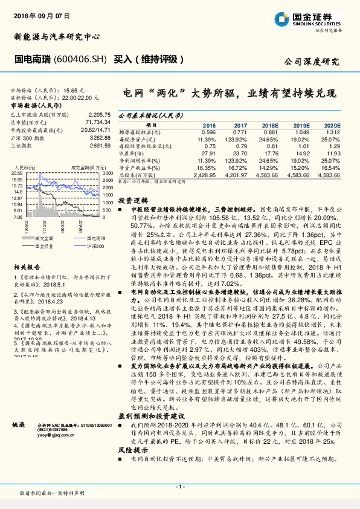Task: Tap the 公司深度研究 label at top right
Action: pos(311,62)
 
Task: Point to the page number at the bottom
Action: pos(179,485)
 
